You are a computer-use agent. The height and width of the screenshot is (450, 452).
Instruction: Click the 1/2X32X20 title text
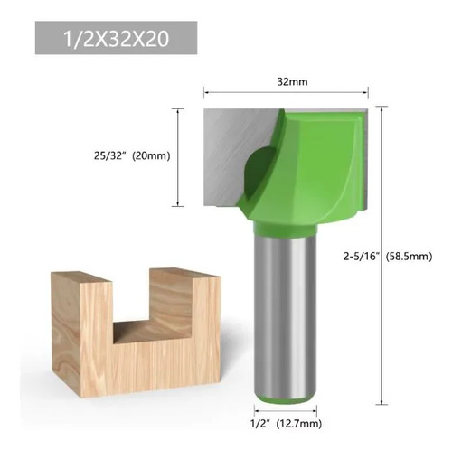(116, 39)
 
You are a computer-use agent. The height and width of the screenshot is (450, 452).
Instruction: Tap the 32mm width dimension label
(292, 81)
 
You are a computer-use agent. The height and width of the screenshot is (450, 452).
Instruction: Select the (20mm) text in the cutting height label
(151, 155)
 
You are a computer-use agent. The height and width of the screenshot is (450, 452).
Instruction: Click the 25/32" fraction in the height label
(109, 155)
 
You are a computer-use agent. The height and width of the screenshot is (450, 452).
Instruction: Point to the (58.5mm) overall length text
(410, 257)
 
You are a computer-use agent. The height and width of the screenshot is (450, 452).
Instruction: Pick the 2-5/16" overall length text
(361, 257)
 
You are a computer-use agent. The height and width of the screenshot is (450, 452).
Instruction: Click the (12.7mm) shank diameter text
(299, 424)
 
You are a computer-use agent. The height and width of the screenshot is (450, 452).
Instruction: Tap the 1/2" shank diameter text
(259, 424)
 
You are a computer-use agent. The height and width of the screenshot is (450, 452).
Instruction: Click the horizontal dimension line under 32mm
(286, 92)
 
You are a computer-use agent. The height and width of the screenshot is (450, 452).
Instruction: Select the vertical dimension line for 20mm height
(178, 157)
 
